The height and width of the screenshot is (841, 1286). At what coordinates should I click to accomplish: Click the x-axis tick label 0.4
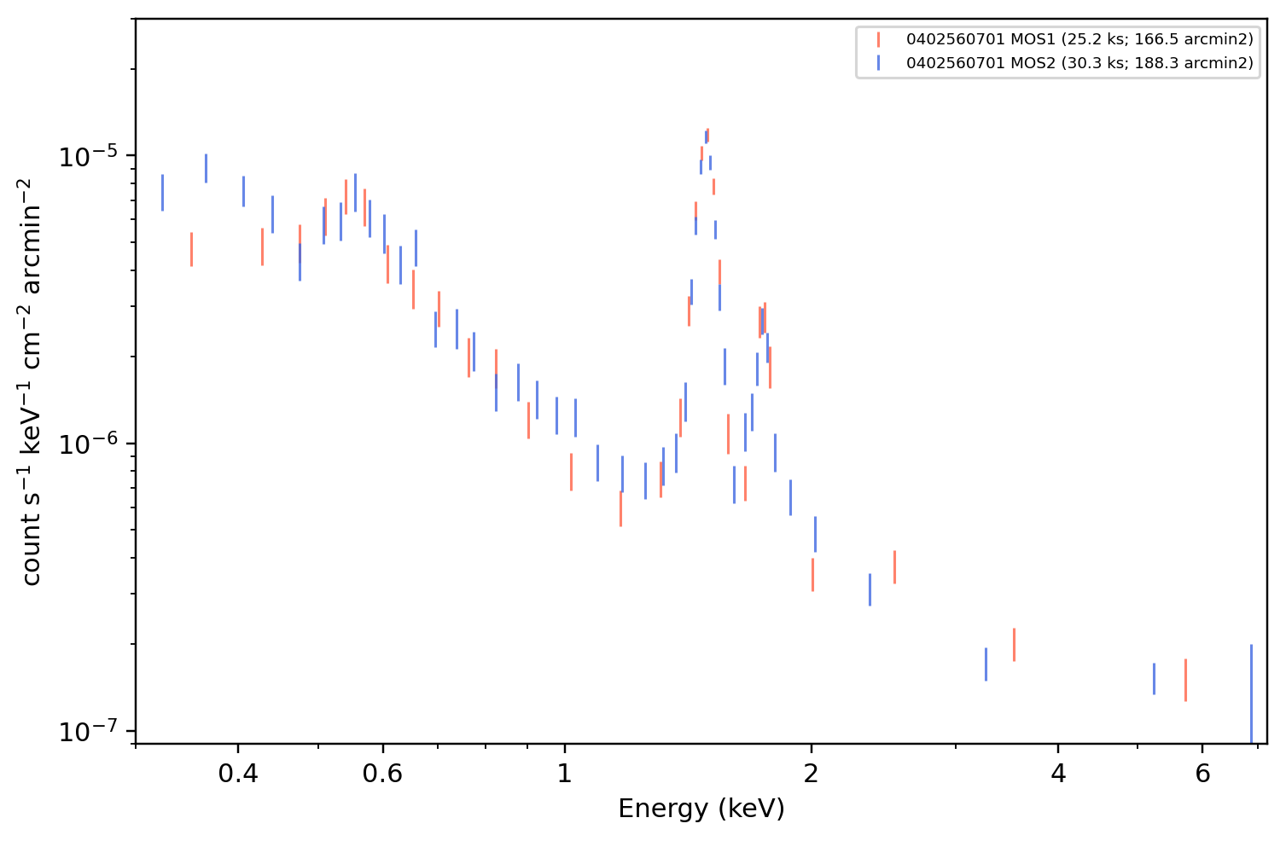(238, 774)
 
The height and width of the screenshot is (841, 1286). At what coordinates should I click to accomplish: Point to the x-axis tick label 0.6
(382, 774)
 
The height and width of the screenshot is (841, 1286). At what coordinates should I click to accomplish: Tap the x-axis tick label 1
(565, 774)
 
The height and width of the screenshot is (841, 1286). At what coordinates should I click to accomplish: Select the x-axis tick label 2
(811, 774)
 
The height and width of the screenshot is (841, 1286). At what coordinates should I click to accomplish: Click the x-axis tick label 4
(1058, 774)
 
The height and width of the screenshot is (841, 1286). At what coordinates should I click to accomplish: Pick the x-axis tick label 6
(1202, 774)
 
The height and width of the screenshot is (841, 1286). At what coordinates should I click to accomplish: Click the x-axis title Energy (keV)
(701, 809)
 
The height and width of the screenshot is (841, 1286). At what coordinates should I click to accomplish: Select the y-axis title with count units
(31, 382)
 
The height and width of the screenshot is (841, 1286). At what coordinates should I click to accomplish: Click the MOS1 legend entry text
(1079, 39)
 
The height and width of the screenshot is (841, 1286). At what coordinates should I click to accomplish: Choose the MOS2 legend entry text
(1079, 62)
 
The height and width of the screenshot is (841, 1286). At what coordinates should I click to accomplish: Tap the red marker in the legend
(878, 39)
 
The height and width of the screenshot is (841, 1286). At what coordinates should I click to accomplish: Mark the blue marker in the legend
(878, 63)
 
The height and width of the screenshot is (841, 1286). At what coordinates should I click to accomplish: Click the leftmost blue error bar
(162, 193)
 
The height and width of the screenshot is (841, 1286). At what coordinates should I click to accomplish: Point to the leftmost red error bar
(191, 250)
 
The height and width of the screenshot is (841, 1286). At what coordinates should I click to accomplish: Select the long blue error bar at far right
(1251, 693)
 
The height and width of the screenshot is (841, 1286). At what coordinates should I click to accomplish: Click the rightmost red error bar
(1185, 681)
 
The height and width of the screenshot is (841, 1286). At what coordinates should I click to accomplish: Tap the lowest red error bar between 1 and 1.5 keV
(620, 509)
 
